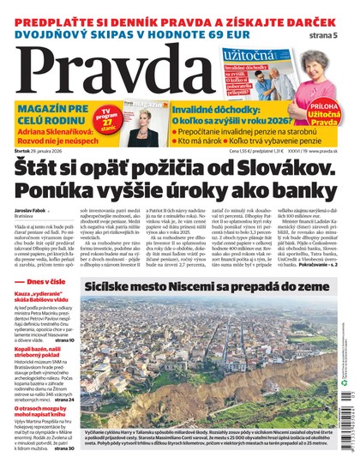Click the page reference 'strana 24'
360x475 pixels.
point(61,400)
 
